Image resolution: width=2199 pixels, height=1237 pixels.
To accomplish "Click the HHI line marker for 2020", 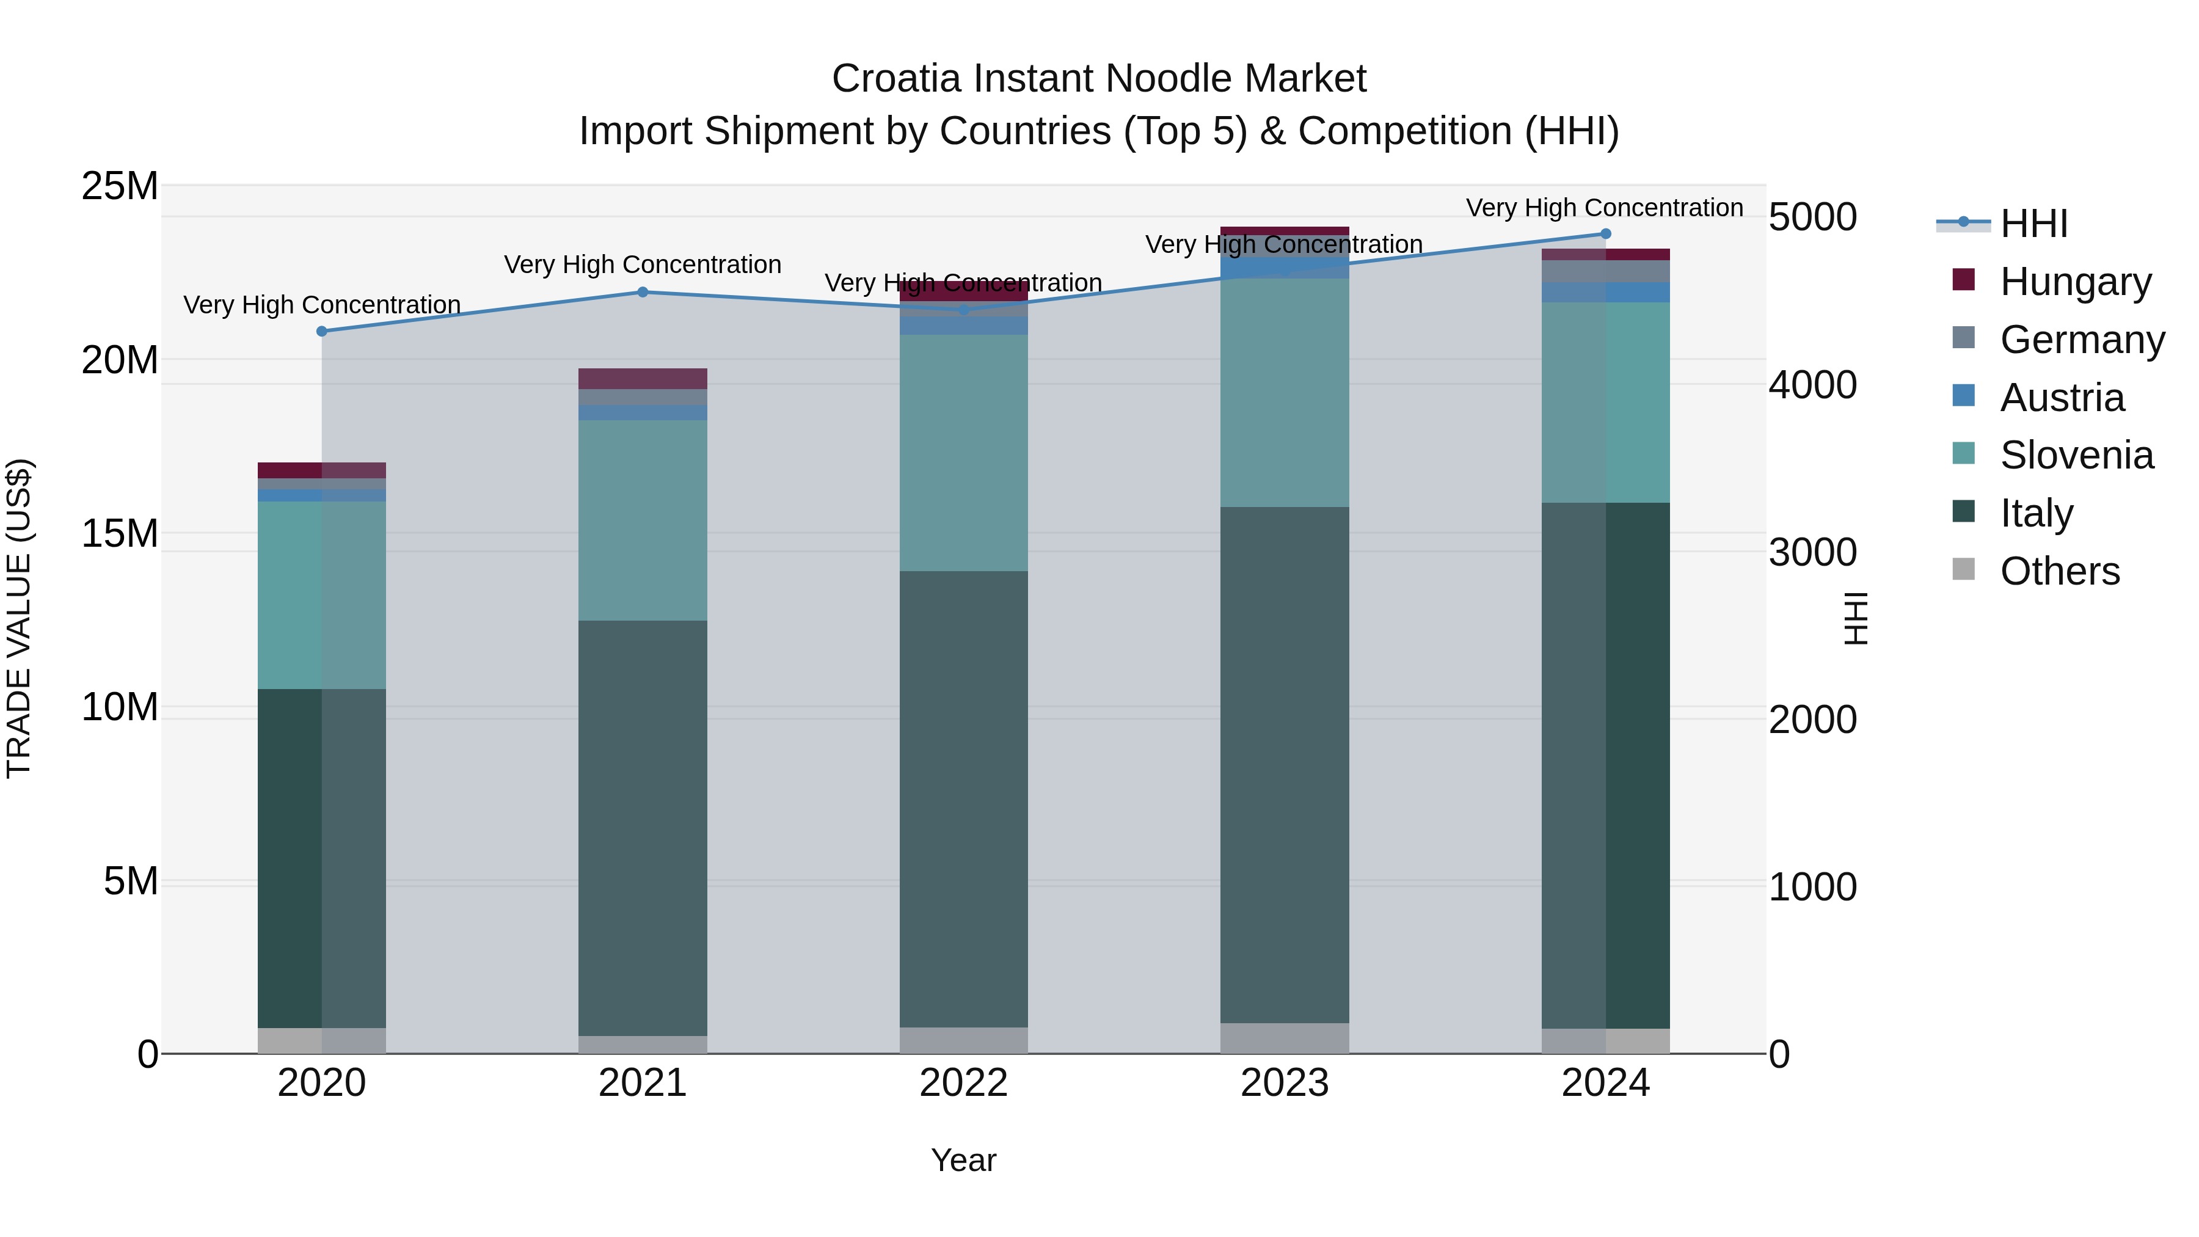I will tap(322, 331).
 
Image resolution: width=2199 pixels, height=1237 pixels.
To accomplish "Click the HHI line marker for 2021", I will tap(643, 292).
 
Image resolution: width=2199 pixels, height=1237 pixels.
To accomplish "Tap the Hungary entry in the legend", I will tap(2074, 281).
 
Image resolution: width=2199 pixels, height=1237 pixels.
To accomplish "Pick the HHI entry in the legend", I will tap(2033, 224).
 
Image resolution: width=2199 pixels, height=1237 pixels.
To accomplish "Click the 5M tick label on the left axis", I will tap(131, 881).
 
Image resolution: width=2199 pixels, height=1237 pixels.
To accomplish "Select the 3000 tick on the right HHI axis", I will tap(1812, 552).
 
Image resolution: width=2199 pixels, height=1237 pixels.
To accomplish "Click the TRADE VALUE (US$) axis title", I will tap(19, 618).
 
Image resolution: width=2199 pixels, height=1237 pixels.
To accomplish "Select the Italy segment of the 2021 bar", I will tap(643, 828).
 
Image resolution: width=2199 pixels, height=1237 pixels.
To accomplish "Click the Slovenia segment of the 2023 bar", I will tap(1285, 393).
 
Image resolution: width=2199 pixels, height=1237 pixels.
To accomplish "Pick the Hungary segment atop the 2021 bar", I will tap(643, 378).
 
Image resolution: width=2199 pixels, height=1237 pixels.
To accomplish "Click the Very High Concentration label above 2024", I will tap(1604, 208).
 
